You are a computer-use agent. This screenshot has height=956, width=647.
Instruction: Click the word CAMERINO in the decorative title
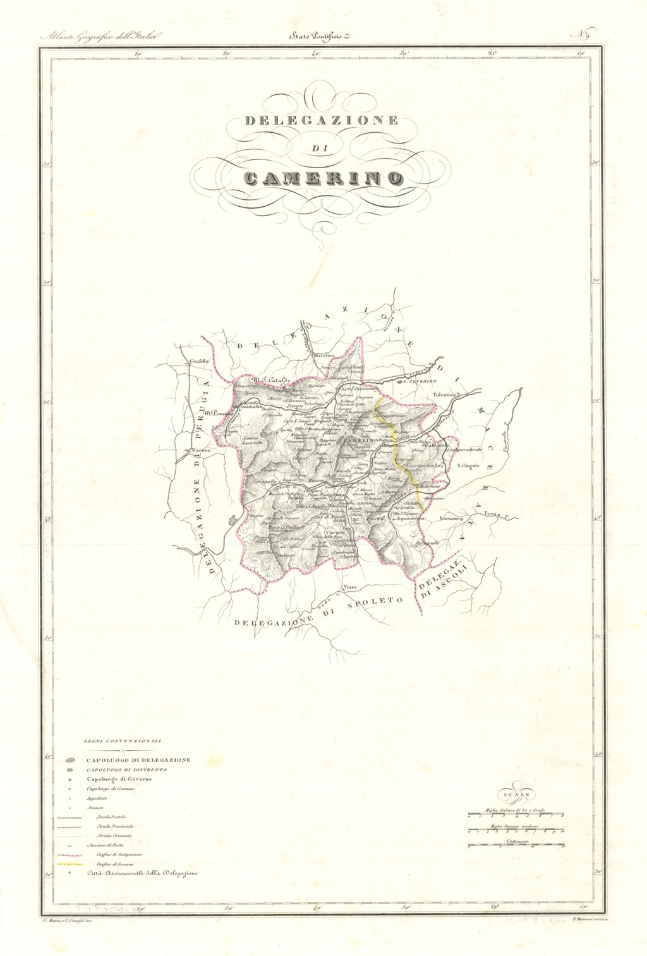pyautogui.click(x=322, y=177)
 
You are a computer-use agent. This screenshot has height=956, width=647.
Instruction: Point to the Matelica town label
pyautogui.click(x=324, y=355)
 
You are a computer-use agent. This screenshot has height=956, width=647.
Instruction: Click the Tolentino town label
pyautogui.click(x=445, y=395)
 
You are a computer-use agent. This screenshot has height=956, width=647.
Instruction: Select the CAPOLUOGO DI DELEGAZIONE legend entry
pyautogui.click(x=138, y=759)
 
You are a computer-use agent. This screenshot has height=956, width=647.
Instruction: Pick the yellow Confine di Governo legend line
pyautogui.click(x=70, y=864)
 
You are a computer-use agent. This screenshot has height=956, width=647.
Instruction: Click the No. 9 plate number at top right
pyautogui.click(x=581, y=35)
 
